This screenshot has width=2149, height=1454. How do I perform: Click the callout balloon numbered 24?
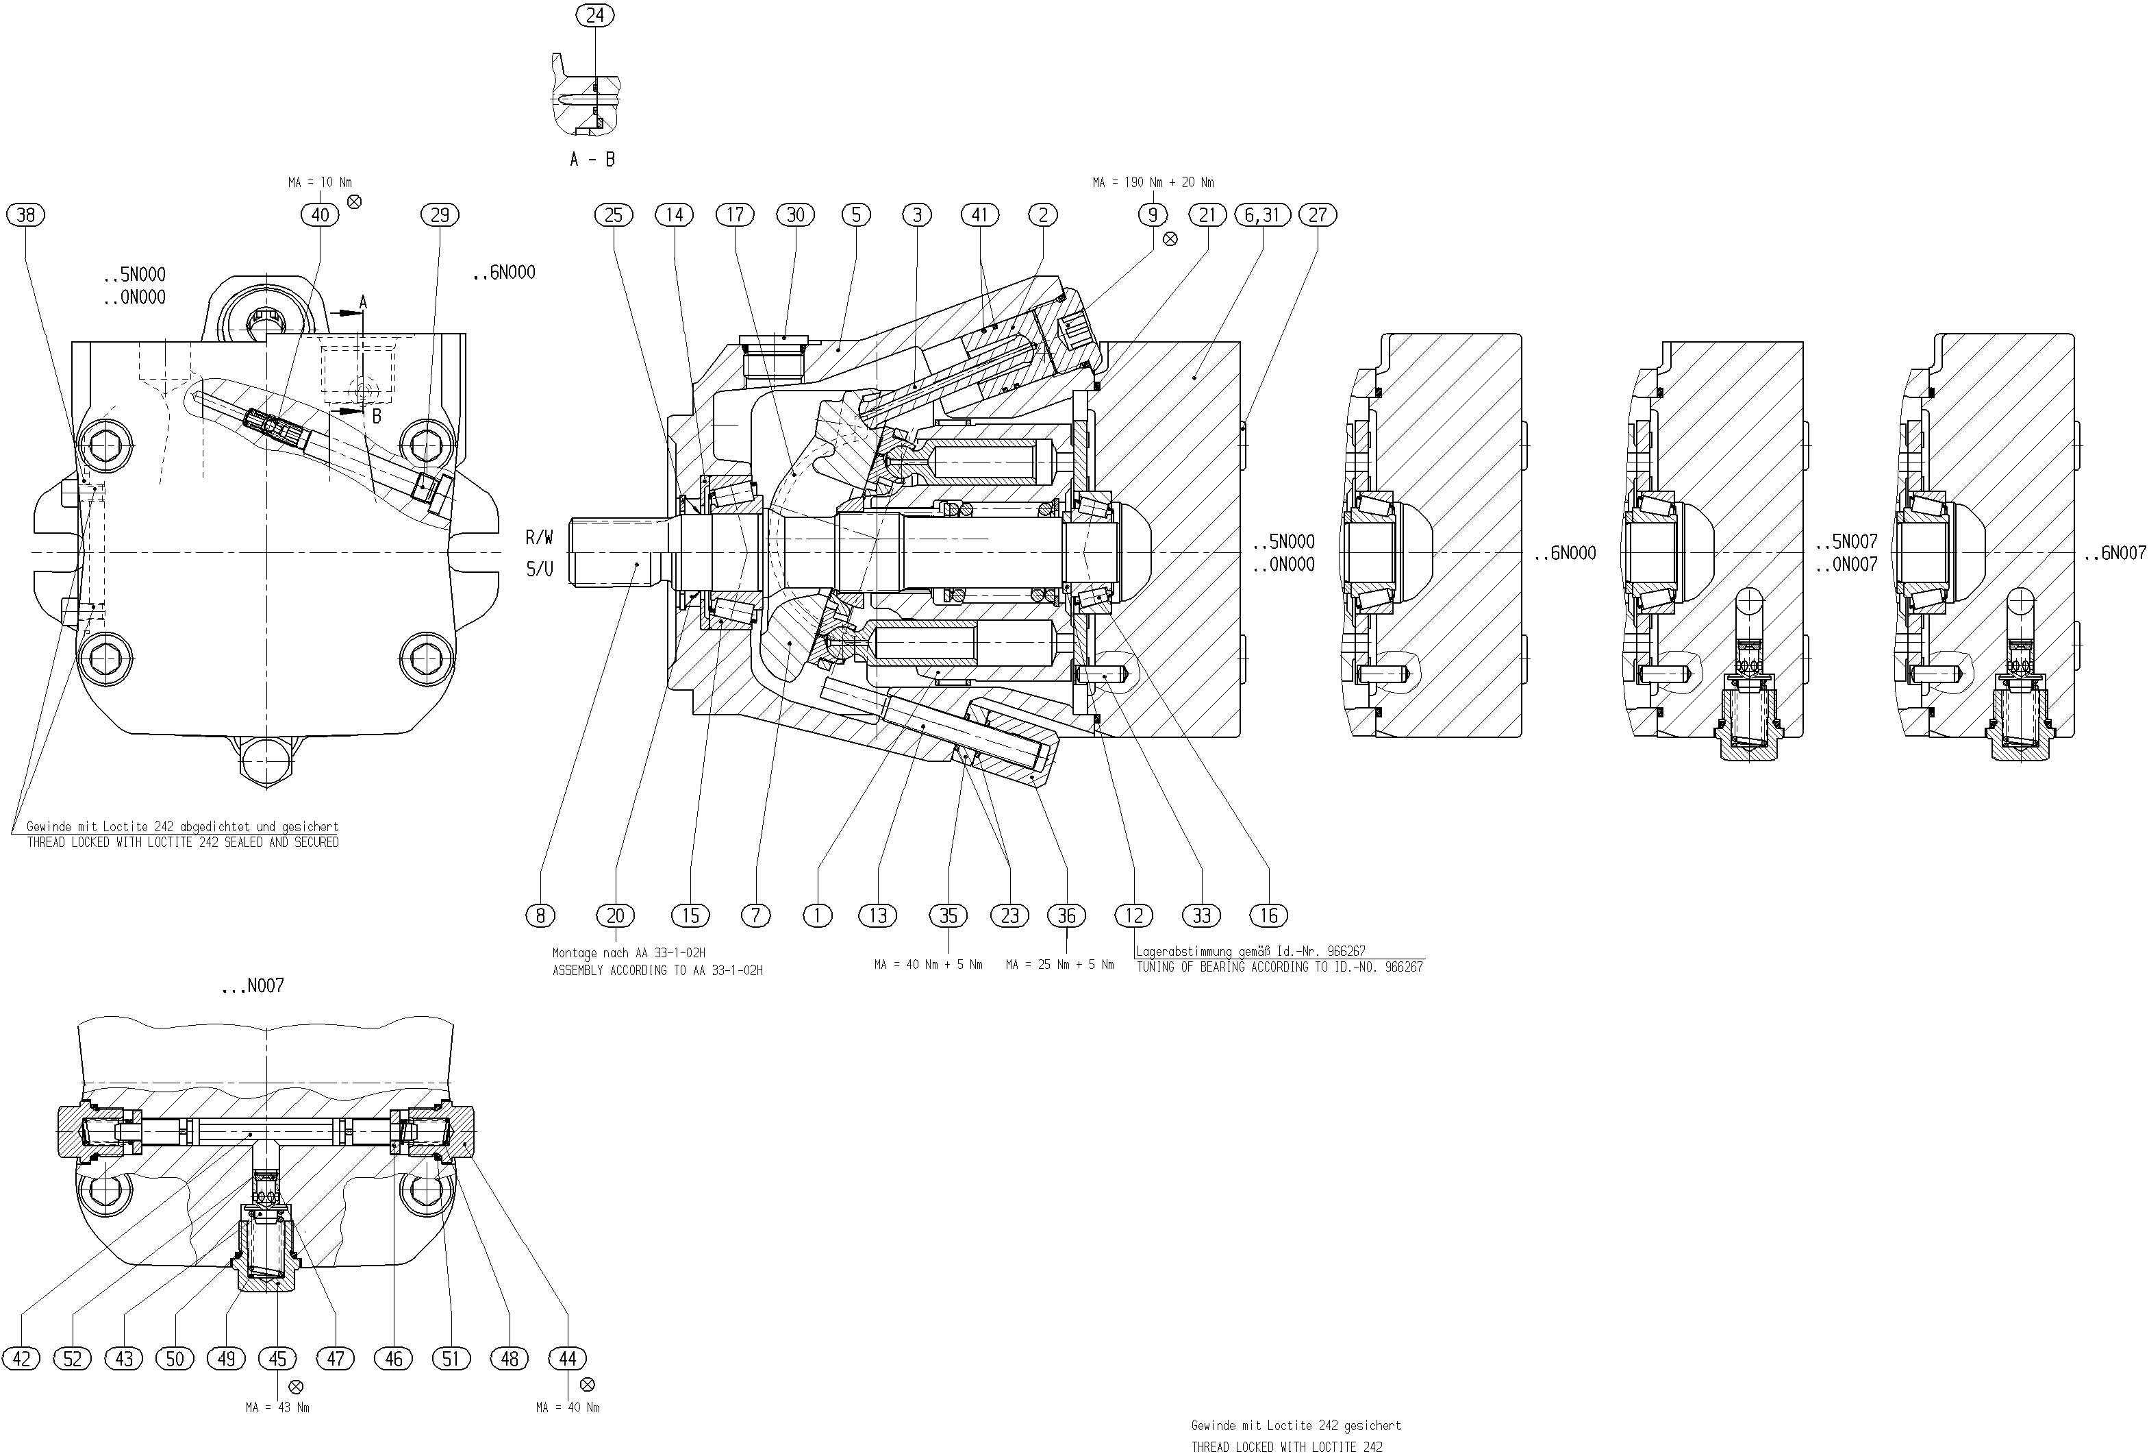[x=594, y=15]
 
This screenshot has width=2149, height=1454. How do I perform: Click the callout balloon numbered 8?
[x=540, y=915]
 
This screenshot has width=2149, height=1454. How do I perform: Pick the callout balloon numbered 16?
[x=1269, y=915]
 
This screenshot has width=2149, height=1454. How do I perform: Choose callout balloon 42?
[x=21, y=1359]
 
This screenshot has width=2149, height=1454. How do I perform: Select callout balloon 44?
[x=568, y=1359]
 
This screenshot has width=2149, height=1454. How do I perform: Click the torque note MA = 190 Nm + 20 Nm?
[x=1153, y=183]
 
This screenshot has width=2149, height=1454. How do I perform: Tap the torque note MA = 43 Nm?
[x=277, y=1408]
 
